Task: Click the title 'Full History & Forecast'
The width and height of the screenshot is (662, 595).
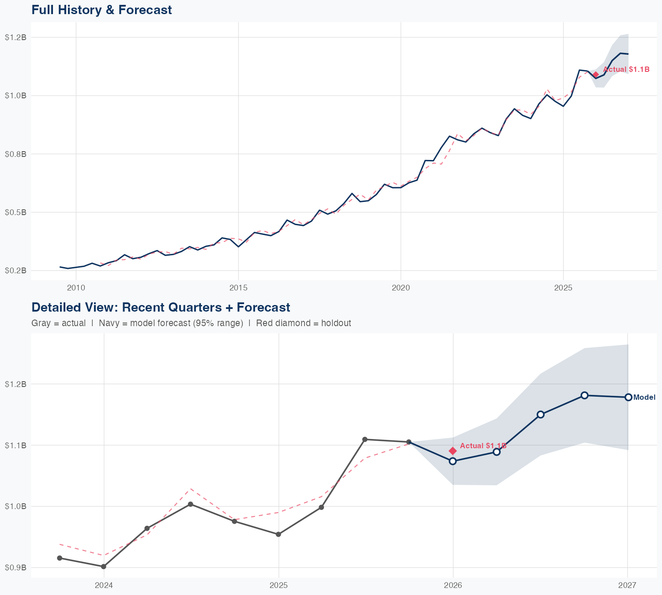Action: (102, 10)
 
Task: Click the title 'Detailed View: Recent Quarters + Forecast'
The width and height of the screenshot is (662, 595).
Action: (161, 307)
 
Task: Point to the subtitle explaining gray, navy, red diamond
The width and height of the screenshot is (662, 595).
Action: (191, 323)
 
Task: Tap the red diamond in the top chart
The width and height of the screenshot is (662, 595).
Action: (596, 74)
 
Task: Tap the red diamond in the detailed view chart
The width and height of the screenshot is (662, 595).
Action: (453, 450)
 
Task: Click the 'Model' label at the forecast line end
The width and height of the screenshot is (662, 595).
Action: (644, 398)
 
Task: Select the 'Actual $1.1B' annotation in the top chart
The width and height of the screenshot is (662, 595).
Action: (626, 70)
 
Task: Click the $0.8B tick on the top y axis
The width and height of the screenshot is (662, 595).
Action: (16, 154)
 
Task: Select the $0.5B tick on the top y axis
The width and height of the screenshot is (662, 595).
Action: (16, 212)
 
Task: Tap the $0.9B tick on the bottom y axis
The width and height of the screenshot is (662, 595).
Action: (16, 568)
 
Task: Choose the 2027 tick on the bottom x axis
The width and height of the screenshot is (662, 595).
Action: (627, 585)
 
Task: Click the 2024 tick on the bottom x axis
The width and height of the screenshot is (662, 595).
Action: (104, 585)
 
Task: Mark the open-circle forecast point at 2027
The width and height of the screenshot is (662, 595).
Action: (628, 397)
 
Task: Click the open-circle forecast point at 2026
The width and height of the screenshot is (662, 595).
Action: (453, 461)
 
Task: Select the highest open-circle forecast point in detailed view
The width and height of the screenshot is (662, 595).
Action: (584, 395)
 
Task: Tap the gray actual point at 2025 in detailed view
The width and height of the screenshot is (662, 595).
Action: (278, 534)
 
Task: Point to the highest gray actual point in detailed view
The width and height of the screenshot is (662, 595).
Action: (365, 439)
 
